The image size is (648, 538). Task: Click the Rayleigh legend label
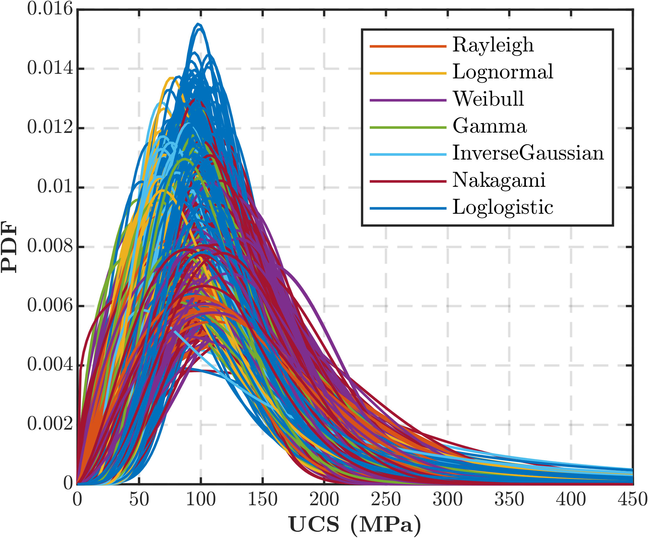pyautogui.click(x=493, y=45)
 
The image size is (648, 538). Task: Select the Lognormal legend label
pyautogui.click(x=503, y=72)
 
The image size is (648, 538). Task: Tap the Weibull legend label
pyautogui.click(x=488, y=99)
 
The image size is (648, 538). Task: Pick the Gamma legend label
pyautogui.click(x=490, y=126)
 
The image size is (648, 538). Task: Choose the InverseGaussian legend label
pyautogui.click(x=528, y=153)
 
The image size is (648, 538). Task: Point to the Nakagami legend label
pyautogui.click(x=499, y=180)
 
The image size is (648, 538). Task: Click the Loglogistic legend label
pyautogui.click(x=502, y=207)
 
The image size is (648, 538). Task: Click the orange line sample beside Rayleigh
pyautogui.click(x=408, y=46)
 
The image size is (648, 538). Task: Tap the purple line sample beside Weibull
pyautogui.click(x=408, y=100)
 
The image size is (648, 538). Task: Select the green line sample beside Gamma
pyautogui.click(x=408, y=127)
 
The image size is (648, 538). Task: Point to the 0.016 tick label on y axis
pyautogui.click(x=50, y=9)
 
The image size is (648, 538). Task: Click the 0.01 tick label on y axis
pyautogui.click(x=55, y=187)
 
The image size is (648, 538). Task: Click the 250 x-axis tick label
pyautogui.click(x=386, y=499)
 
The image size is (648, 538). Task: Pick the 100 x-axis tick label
pyautogui.click(x=201, y=499)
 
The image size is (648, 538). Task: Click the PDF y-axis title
pyautogui.click(x=9, y=247)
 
